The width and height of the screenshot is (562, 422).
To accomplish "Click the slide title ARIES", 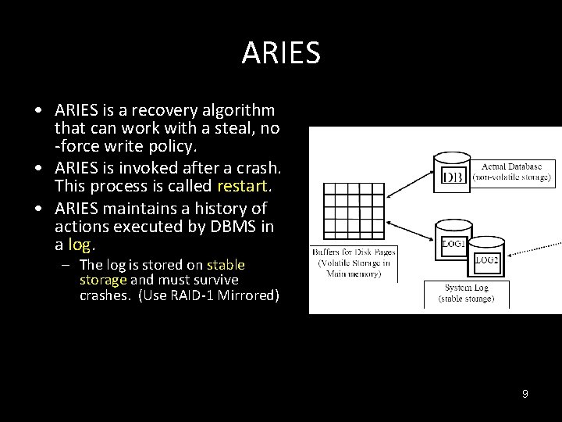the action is point(281,53).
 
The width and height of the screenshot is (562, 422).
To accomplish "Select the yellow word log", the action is point(79,245).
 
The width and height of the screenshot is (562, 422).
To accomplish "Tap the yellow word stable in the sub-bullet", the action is point(226,265).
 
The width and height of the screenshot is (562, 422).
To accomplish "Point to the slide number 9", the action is point(525,394).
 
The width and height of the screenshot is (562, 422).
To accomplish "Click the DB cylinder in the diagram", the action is point(453,173).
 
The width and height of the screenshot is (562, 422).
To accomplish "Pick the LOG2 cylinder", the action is point(487,257).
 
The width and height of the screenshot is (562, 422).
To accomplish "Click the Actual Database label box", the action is point(515,172).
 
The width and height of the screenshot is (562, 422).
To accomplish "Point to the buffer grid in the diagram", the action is point(353,210).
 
